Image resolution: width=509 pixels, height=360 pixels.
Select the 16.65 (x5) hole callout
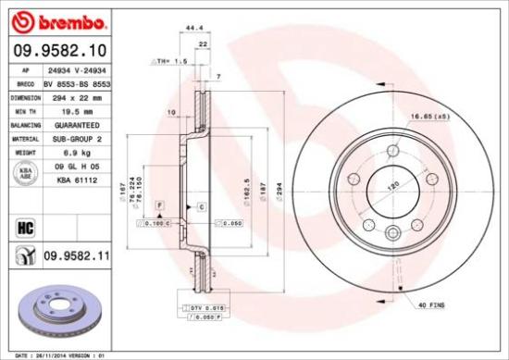(428, 118)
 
